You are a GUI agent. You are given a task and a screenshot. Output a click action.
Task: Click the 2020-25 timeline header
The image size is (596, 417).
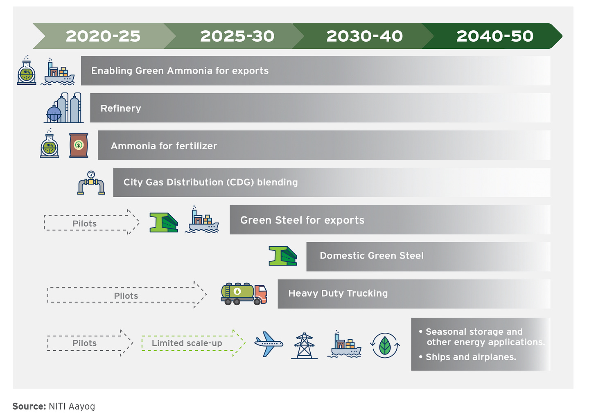(x=103, y=36)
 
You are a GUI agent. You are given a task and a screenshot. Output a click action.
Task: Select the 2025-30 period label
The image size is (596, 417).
(x=237, y=36)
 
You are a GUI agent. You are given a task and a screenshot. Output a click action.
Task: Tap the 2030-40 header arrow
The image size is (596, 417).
(x=364, y=36)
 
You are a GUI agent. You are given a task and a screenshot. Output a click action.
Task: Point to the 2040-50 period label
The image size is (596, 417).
(x=494, y=36)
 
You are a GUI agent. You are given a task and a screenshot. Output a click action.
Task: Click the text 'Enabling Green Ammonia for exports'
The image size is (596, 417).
(x=180, y=71)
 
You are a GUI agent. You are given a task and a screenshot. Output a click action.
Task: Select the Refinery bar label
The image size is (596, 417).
(x=121, y=108)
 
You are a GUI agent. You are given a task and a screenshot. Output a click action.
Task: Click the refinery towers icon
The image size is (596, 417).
(x=64, y=108)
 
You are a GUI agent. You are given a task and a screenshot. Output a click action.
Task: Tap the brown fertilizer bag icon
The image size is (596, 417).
(x=79, y=145)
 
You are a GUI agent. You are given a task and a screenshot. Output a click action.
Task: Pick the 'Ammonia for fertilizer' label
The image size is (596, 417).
(x=164, y=146)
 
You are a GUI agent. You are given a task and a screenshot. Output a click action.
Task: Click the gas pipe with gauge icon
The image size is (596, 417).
(x=91, y=183)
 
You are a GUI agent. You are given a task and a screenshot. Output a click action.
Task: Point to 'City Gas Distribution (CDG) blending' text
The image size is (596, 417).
(x=210, y=183)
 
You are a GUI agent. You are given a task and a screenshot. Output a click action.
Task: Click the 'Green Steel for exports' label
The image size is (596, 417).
(x=302, y=220)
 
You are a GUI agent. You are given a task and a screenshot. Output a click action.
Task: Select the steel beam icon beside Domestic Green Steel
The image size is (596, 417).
(x=282, y=256)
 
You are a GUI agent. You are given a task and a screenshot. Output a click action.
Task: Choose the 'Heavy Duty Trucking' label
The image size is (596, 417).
(x=338, y=293)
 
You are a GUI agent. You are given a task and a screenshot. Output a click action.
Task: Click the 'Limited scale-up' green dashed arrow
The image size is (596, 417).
(x=192, y=343)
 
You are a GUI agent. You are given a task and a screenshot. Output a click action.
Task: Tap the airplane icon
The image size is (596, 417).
(x=269, y=344)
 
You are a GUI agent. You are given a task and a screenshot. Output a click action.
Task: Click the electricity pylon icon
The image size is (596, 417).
(x=304, y=346)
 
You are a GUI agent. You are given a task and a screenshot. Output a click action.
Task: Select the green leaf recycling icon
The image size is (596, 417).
(x=385, y=345)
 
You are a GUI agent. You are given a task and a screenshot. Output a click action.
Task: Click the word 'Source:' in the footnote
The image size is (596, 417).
(x=29, y=406)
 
